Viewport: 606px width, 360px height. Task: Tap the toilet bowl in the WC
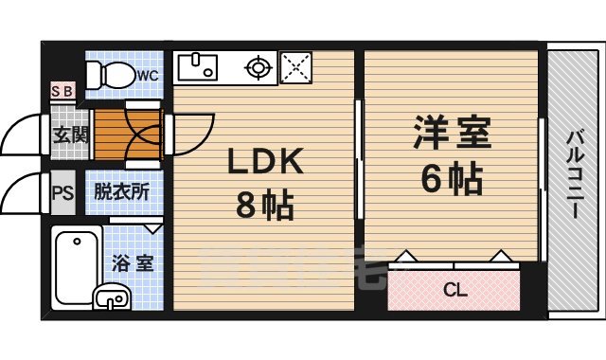(116, 73)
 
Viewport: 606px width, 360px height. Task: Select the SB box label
(62, 92)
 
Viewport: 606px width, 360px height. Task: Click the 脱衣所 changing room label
(120, 190)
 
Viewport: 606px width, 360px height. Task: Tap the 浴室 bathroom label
(133, 263)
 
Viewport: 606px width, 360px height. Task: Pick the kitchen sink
(201, 66)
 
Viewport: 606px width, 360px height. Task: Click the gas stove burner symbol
(257, 67)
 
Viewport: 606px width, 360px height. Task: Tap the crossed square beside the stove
(296, 67)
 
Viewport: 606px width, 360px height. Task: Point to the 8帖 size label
(263, 206)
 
